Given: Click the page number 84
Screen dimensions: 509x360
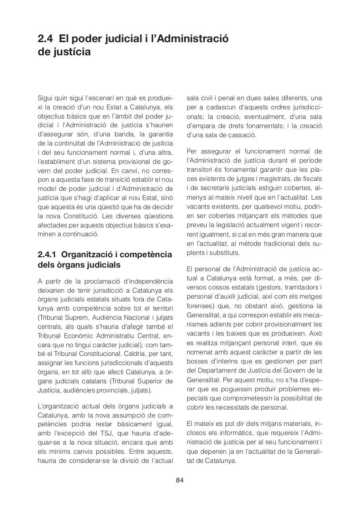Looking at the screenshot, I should tap(180, 480).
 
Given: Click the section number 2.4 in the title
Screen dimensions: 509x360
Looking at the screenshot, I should tap(46, 39).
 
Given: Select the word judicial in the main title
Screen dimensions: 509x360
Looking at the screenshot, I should tap(114, 39).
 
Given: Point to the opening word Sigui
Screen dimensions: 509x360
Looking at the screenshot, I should tap(46, 98).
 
